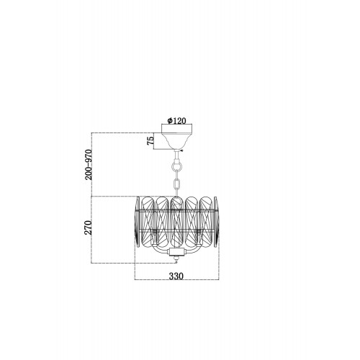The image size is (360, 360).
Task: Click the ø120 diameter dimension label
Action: point(176,121)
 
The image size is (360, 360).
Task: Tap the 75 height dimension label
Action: point(150,140)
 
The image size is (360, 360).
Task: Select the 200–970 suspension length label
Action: point(89,165)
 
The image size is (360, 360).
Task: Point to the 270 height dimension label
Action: point(89,228)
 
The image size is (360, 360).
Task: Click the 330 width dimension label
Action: point(176,276)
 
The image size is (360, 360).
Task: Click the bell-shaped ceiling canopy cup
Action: point(177,140)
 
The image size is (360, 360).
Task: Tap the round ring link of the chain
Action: point(176,166)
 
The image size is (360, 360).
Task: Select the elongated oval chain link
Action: point(177,184)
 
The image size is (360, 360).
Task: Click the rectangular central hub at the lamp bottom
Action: point(177,252)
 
